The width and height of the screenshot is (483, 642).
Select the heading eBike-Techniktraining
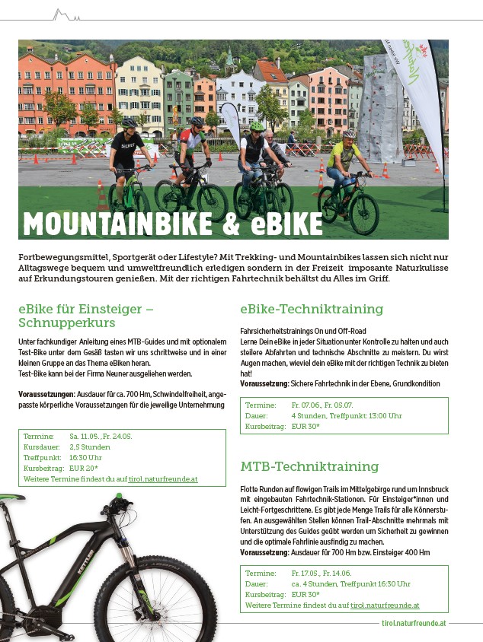[312, 309]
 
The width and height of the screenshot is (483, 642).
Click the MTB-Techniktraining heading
[309, 466]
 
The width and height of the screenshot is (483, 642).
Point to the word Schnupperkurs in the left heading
[66, 323]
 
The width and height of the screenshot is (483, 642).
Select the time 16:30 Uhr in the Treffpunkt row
[85, 458]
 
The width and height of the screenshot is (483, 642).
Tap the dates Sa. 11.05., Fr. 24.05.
[101, 437]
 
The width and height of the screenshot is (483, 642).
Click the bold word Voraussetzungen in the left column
[46, 394]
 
